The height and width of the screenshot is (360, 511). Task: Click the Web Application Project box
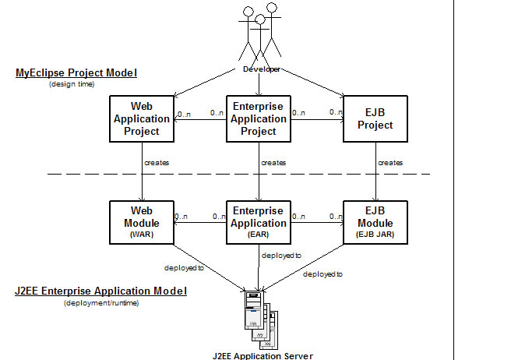142,119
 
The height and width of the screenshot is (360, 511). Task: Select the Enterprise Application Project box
258,119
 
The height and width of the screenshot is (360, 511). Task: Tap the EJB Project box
375,119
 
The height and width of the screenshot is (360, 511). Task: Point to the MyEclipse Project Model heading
76,73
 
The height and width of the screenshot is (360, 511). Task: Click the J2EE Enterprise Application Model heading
101,291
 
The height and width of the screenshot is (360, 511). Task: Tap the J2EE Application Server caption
263,355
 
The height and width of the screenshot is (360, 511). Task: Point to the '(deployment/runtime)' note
101,302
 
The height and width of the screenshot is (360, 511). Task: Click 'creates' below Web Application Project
157,163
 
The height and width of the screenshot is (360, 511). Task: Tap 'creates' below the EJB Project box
390,163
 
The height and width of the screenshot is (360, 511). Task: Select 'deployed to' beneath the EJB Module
323,274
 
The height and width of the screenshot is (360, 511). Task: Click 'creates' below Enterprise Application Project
273,163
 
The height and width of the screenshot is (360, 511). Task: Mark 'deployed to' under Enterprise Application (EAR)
282,255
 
